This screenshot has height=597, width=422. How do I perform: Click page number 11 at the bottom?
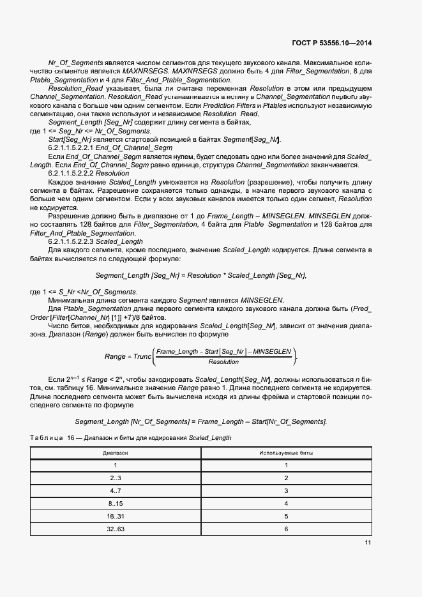point(368,543)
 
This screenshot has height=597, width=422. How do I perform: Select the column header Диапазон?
point(116,453)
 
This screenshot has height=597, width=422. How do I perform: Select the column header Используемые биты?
point(286,453)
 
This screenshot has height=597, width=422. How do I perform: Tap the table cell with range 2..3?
point(116,478)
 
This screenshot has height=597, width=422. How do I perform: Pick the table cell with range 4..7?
point(116,490)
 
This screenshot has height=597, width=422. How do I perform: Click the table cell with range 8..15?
point(116,503)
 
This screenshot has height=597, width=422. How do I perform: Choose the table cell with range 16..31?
point(116,516)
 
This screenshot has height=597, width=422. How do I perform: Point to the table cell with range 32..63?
point(116,529)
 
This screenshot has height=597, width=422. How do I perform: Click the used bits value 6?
point(286,529)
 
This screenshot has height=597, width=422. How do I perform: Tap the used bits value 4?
point(286,503)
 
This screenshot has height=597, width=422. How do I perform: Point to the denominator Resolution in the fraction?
point(223,361)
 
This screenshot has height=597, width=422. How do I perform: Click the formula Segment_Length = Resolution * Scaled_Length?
point(200,275)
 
